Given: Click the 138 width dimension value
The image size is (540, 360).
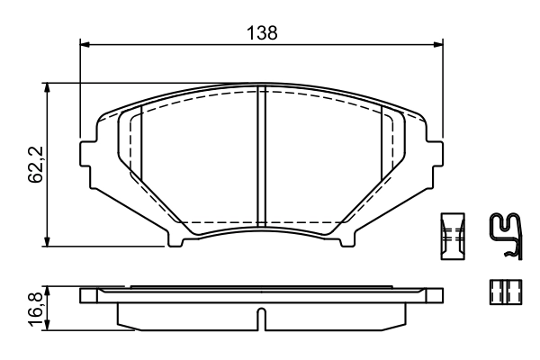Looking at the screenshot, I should (x=261, y=31).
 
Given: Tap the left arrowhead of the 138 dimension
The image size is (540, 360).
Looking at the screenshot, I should (x=85, y=42).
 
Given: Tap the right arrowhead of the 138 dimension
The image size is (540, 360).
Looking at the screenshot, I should (x=440, y=42).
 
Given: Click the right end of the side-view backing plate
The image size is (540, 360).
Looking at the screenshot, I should (x=438, y=295).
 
